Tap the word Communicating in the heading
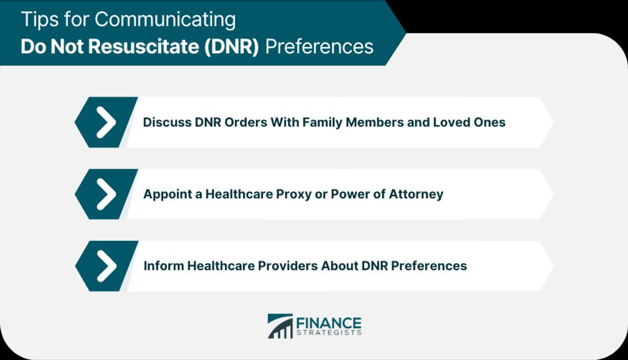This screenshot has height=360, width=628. point(165,20)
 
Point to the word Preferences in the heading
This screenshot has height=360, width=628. point(319,47)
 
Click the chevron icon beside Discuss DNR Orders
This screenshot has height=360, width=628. point(105,122)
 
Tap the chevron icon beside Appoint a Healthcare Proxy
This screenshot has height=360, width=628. point(105,194)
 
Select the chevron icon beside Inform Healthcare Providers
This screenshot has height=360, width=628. point(106,266)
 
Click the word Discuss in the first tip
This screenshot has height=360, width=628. point(167,122)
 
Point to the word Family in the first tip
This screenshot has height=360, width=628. point(322,122)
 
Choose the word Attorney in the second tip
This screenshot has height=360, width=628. point(416,194)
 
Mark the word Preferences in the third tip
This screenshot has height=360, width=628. point(429,266)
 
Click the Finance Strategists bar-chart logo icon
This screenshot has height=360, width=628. point(280,326)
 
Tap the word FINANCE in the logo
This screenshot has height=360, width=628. point(329,323)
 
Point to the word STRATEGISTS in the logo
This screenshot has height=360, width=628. point(329,333)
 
